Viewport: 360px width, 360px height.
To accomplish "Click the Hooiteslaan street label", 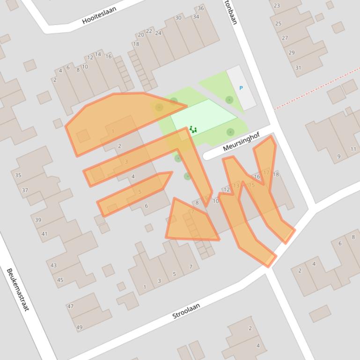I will pos(99,18).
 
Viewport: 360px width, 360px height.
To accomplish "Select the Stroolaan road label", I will pos(186,311).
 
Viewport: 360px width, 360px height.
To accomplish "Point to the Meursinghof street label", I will pos(241,142).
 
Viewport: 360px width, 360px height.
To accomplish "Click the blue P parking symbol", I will pos(241,88).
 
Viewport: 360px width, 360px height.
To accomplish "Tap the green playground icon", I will pos(192,129).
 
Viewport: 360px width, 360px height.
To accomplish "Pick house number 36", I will pos(201,8).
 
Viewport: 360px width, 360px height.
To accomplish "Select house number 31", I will pos(298,68).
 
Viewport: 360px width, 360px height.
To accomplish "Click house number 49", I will pos(79,327).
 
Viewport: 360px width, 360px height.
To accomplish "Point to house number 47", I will pos(70,307).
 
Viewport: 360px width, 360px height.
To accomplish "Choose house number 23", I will pos(277,6).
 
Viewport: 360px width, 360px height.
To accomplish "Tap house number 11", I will pos(353,150).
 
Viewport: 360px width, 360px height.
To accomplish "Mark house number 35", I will pos(18,175).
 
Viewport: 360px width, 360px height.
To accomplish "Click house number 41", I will pos(44,234).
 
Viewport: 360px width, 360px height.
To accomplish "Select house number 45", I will pos(60,280).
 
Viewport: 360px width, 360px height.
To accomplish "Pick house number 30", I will pos(178,18).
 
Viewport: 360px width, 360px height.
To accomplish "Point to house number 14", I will pos(98,54).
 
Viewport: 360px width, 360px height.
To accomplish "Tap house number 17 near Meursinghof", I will pos(266,173).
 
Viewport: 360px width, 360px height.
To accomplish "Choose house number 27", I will pos(285,38).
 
